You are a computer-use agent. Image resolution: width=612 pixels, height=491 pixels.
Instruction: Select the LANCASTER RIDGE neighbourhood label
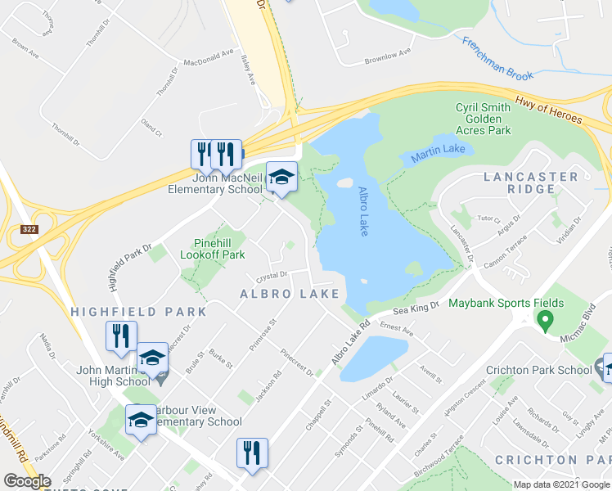530,182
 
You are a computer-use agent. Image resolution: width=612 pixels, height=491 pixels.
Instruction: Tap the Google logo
27,481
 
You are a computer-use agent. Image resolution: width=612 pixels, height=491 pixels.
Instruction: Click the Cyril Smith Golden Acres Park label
483,119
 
